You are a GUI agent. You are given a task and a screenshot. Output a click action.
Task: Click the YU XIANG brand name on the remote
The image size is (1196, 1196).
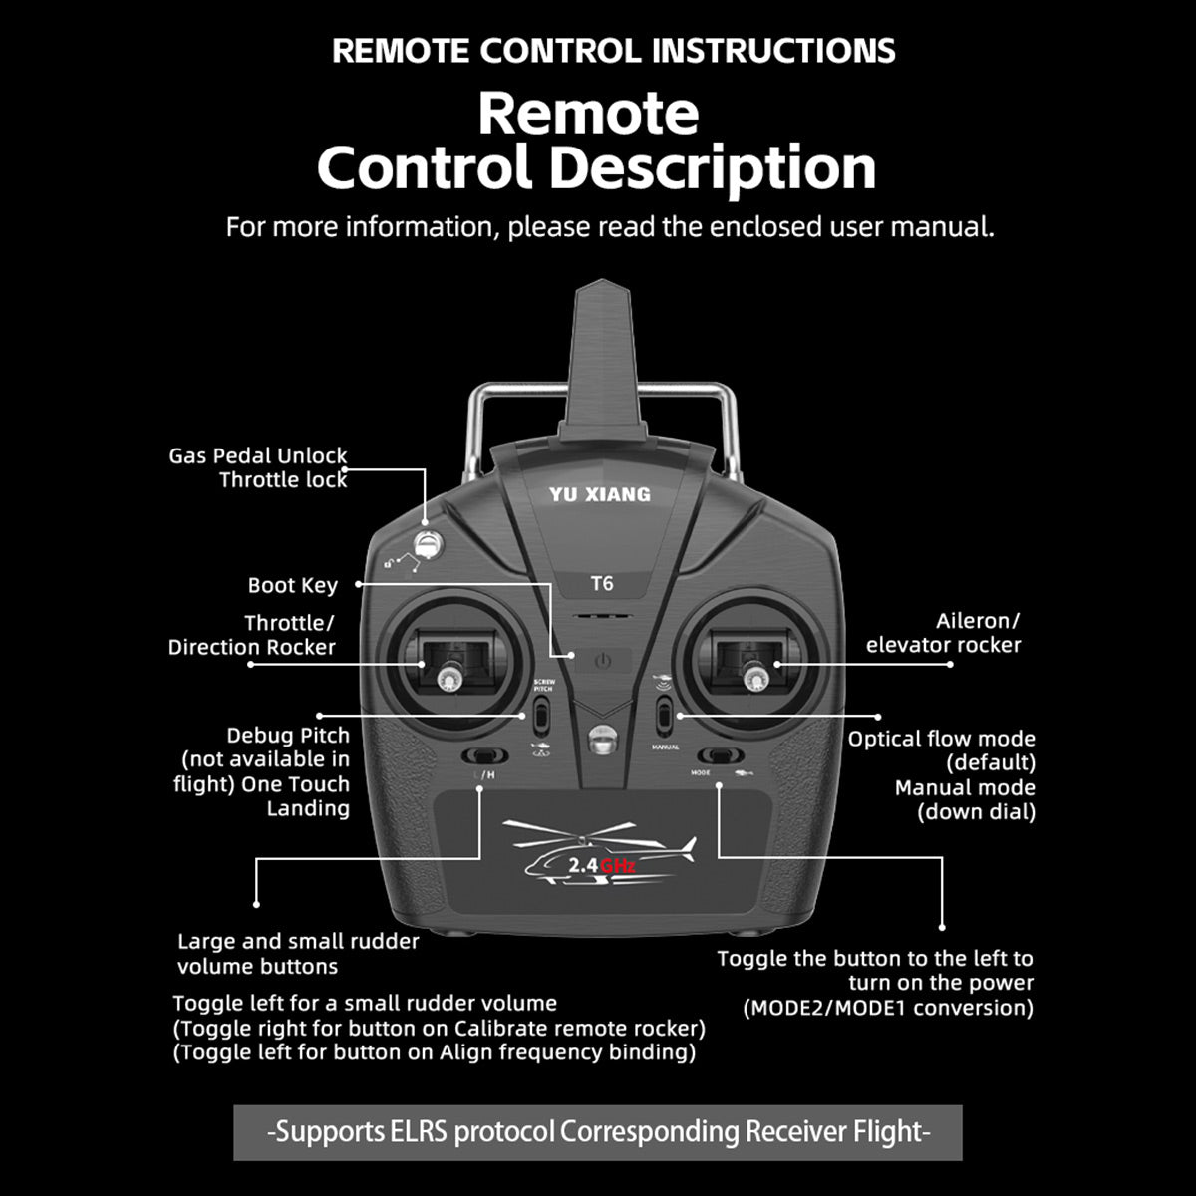tap(600, 494)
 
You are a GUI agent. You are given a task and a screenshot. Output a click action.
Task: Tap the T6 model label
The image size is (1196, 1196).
tap(601, 583)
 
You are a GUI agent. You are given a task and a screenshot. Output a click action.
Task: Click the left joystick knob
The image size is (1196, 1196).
tap(447, 679)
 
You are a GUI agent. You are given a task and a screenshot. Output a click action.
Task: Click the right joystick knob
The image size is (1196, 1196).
tap(752, 679)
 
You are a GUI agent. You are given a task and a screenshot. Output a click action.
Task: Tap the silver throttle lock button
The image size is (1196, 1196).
tap(427, 545)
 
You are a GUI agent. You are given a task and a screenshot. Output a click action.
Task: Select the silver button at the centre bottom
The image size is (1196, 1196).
tap(601, 740)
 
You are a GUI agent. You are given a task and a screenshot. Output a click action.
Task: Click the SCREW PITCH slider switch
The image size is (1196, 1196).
tap(542, 715)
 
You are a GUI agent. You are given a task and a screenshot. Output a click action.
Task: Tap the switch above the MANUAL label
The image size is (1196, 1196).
tap(664, 715)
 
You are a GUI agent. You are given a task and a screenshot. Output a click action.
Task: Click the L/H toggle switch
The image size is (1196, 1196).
tap(484, 755)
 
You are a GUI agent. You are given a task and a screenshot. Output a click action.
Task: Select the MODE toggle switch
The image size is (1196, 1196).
tap(720, 755)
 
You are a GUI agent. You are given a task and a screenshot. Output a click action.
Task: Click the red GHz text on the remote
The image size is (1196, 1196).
tap(618, 866)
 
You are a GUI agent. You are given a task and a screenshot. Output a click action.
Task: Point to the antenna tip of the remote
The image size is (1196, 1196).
tap(601, 281)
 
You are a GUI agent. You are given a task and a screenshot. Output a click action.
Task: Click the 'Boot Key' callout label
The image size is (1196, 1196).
tap(293, 585)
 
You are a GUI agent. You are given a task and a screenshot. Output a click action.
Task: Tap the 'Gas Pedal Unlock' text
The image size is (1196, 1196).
tap(257, 456)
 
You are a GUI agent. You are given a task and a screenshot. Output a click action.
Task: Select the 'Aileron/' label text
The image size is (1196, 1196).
tap(977, 621)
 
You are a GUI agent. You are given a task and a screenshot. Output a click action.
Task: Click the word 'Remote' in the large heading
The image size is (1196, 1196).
tap(588, 114)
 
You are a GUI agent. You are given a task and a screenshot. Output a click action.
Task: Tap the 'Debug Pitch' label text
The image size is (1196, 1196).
tap(288, 736)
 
